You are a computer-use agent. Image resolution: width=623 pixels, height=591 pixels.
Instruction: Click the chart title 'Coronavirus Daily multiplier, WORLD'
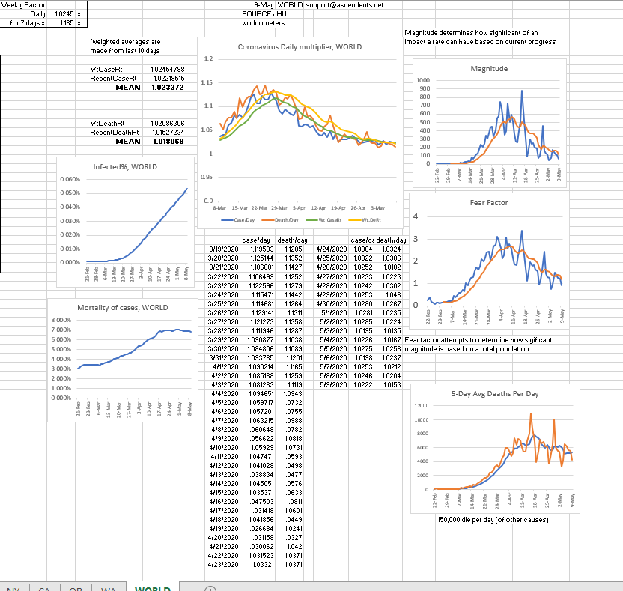300,46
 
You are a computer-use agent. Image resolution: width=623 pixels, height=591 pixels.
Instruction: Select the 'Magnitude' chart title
489,68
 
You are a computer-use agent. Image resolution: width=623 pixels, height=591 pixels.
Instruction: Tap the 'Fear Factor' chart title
489,202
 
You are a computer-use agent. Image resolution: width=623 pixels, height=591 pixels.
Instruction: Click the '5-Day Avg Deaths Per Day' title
495,393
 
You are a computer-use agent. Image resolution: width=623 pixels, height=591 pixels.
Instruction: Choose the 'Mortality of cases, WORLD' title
123,308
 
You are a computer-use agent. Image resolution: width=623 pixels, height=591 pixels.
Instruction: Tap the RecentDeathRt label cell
108,132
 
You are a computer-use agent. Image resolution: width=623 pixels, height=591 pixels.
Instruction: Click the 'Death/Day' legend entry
288,219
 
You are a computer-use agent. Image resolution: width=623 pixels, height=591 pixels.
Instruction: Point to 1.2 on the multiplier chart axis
208,58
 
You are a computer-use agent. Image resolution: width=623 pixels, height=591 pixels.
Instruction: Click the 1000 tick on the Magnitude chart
424,80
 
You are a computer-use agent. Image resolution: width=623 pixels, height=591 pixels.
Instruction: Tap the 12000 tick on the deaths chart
421,405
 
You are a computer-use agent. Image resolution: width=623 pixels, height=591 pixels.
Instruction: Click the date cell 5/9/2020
332,384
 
